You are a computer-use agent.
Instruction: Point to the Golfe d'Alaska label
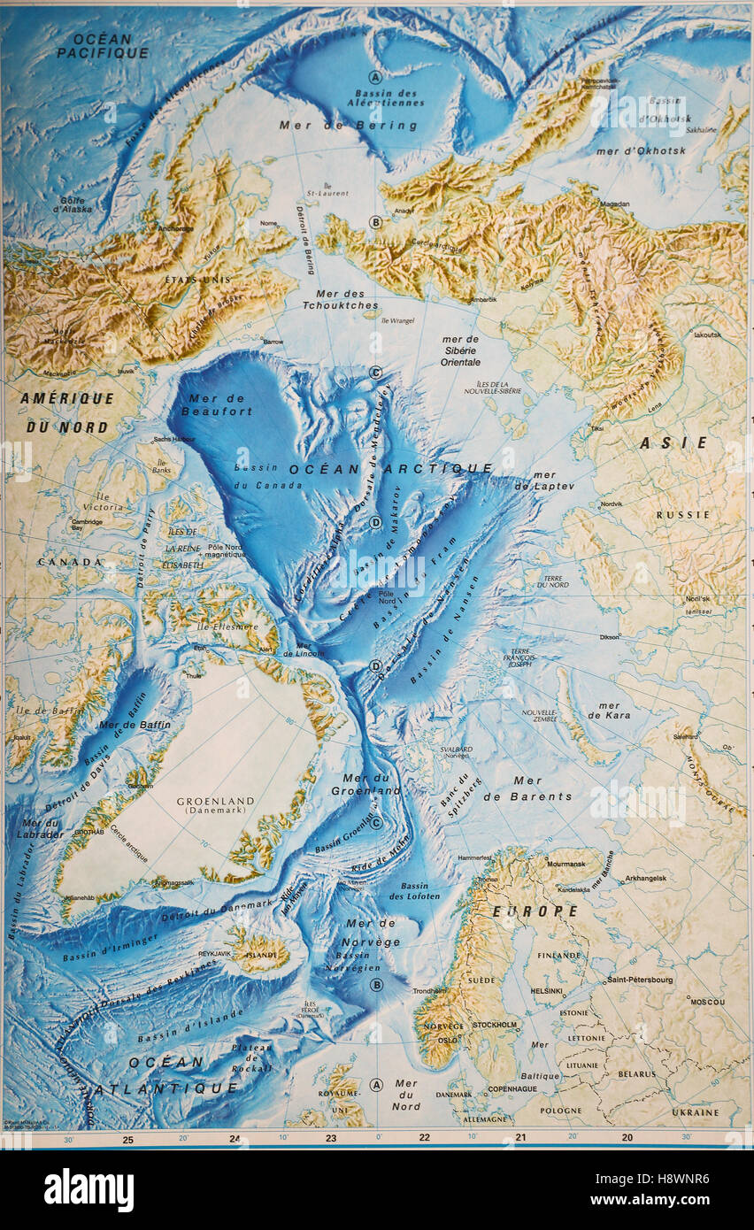[65, 206]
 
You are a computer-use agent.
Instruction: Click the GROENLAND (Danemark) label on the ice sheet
[215, 806]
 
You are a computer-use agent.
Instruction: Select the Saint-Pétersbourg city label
[639, 980]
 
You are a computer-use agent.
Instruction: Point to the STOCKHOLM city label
[494, 1025]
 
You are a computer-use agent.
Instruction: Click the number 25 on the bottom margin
[127, 1140]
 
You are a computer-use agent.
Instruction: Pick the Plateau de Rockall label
[252, 1057]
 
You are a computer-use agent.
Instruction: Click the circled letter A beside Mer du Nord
[375, 1084]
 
